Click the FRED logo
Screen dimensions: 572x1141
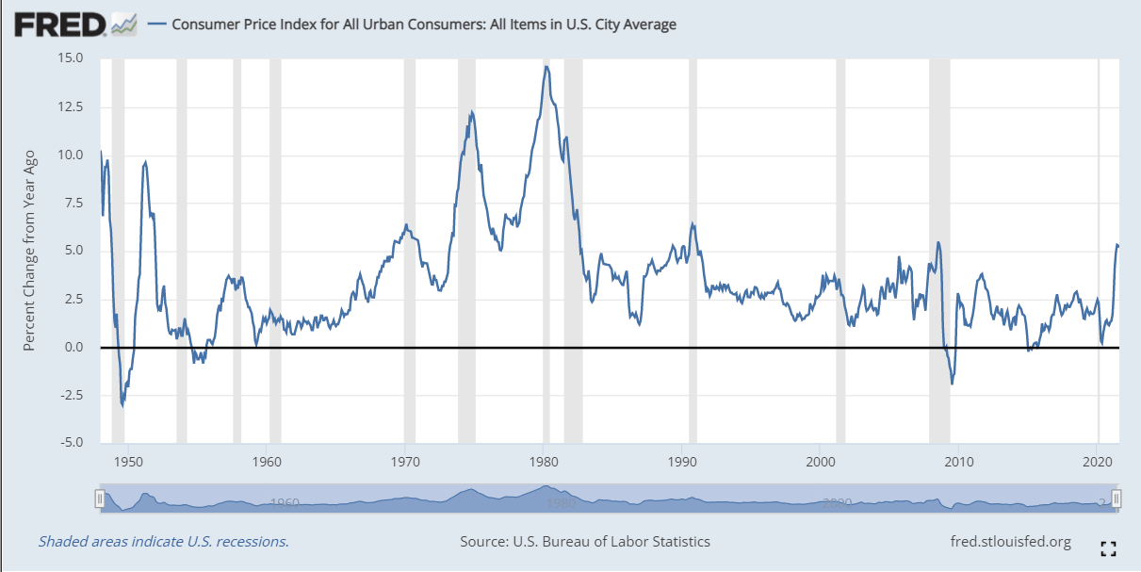58,24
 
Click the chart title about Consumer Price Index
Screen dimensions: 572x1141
423,25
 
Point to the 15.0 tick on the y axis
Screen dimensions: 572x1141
71,58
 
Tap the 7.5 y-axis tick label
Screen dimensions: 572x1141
74,203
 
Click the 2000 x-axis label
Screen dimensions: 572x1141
821,463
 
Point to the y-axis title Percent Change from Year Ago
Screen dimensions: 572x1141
29,251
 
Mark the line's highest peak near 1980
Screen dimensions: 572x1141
546,66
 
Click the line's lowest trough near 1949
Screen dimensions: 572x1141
122,405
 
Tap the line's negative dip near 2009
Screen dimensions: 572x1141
953,383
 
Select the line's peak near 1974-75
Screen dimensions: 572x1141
471,112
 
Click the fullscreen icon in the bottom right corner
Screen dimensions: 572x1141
1108,547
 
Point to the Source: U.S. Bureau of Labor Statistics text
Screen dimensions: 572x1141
585,542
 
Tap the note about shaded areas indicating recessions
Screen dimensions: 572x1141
163,542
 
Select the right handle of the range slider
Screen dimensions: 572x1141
1117,499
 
